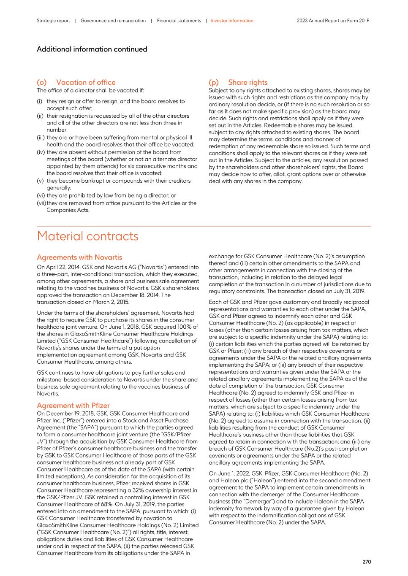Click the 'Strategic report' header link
53,21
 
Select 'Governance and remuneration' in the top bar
113,21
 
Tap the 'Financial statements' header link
179,21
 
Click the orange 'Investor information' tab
232,21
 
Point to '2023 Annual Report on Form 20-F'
333,21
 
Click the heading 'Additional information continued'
92,49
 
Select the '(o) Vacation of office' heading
76,82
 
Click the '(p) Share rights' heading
238,82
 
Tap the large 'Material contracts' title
87,236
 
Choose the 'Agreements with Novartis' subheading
79,257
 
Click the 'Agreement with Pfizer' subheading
73,406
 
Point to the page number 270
366,562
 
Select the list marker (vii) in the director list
41,203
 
